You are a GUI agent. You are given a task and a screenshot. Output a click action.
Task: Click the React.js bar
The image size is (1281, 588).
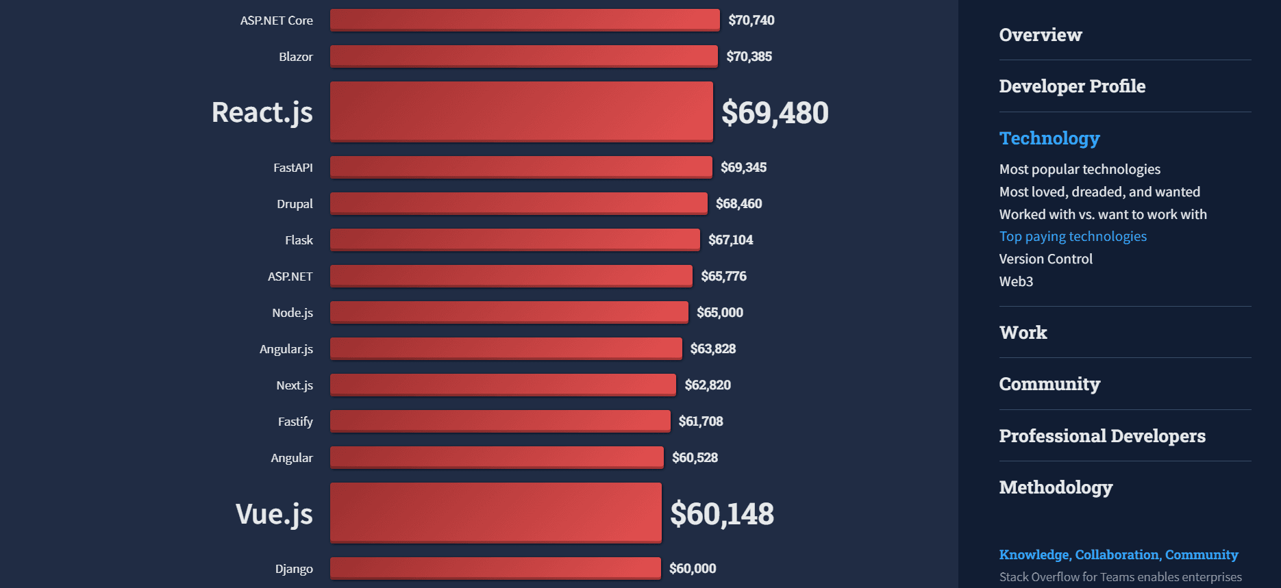[521, 112]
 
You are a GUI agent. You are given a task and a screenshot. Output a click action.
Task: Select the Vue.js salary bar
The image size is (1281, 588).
[496, 513]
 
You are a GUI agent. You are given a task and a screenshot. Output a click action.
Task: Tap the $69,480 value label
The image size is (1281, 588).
[775, 113]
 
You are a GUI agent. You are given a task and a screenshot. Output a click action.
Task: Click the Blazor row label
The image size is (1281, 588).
[295, 57]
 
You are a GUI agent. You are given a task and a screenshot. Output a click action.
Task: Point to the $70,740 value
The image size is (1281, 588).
[751, 21]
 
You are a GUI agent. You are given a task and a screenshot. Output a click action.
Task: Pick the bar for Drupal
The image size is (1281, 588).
[519, 203]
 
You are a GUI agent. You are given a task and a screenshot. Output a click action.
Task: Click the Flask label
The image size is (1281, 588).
[299, 240]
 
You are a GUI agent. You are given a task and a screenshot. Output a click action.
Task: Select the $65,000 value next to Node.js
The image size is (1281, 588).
[719, 313]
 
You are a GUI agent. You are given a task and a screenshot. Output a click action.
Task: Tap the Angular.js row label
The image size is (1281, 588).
[286, 349]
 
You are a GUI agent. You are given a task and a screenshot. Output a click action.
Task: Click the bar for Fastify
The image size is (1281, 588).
[500, 421]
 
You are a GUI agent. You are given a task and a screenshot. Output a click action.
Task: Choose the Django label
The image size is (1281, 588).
[294, 569]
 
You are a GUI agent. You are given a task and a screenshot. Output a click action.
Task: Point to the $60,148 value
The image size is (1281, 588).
[721, 514]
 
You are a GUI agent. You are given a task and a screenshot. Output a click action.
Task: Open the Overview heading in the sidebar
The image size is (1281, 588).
[1040, 35]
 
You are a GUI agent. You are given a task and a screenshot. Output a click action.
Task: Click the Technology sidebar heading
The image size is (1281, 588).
[1049, 138]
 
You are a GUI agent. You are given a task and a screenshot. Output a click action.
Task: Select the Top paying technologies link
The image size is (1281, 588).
[1072, 236]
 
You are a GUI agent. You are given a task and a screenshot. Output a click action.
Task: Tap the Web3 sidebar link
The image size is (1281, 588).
[1015, 281]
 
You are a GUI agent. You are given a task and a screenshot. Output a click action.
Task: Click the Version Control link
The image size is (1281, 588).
[1045, 259]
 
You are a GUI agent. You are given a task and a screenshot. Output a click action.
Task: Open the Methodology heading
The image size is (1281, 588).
[1055, 487]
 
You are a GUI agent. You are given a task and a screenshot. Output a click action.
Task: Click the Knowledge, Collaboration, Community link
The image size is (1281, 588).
[1118, 554]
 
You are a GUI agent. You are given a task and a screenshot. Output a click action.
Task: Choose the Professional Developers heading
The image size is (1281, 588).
[1102, 436]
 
